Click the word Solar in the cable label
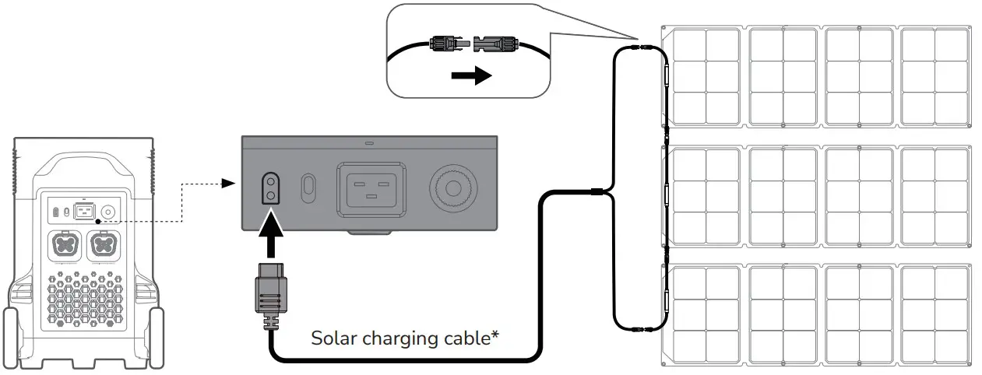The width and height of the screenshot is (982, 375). (x=332, y=339)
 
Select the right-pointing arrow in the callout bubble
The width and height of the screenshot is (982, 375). (x=472, y=75)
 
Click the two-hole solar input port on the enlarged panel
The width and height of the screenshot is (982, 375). (x=270, y=187)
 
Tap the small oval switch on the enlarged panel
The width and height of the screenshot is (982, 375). (x=308, y=187)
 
